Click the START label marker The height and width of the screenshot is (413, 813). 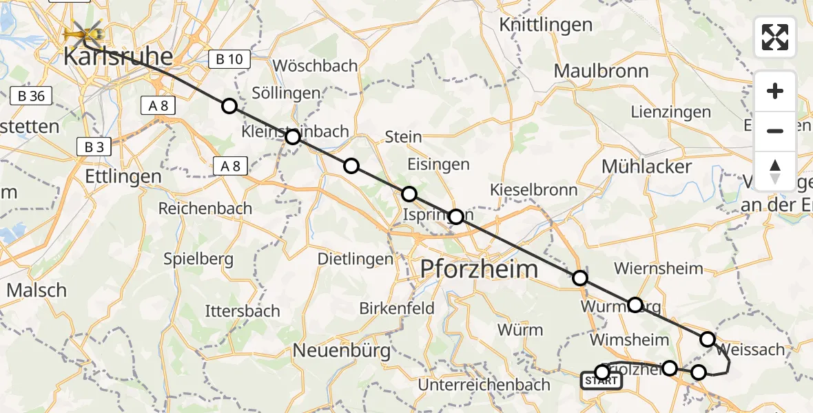click(x=601, y=381)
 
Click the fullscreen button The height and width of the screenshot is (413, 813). click(x=775, y=37)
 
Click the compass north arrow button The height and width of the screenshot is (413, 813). click(x=775, y=171)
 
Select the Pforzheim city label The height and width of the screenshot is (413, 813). click(x=480, y=268)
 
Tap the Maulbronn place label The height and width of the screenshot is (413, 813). click(x=601, y=71)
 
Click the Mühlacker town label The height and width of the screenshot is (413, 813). click(x=646, y=166)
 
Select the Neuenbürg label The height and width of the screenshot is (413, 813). click(x=342, y=350)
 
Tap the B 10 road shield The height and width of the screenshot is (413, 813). click(x=229, y=59)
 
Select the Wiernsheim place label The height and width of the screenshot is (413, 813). click(x=658, y=268)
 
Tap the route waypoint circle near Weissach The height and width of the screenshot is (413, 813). click(x=708, y=339)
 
